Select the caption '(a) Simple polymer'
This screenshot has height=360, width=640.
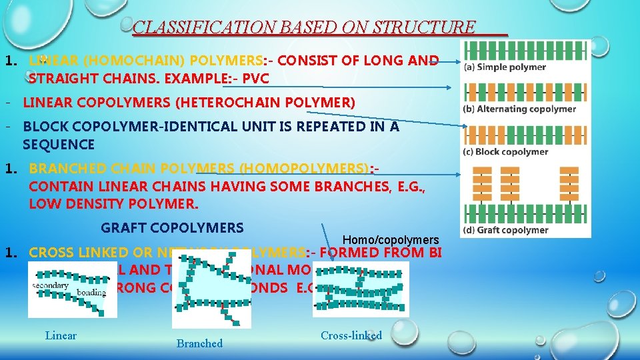(505, 67)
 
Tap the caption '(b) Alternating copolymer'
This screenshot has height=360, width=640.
(519, 109)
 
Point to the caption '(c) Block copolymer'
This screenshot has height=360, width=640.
(505, 151)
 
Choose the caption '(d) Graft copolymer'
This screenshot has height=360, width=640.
(505, 230)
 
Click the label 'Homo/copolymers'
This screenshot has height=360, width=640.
(391, 240)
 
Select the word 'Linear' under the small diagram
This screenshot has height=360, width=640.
(61, 335)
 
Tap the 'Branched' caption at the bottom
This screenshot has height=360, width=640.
(199, 343)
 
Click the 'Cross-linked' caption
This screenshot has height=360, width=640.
(351, 335)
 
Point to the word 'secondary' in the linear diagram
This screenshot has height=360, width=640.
(50, 285)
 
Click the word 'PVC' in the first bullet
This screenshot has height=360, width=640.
(256, 79)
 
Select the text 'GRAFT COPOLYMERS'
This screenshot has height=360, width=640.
(172, 228)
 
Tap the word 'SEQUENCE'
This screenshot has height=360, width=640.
(59, 144)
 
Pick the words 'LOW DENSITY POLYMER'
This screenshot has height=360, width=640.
(113, 203)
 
